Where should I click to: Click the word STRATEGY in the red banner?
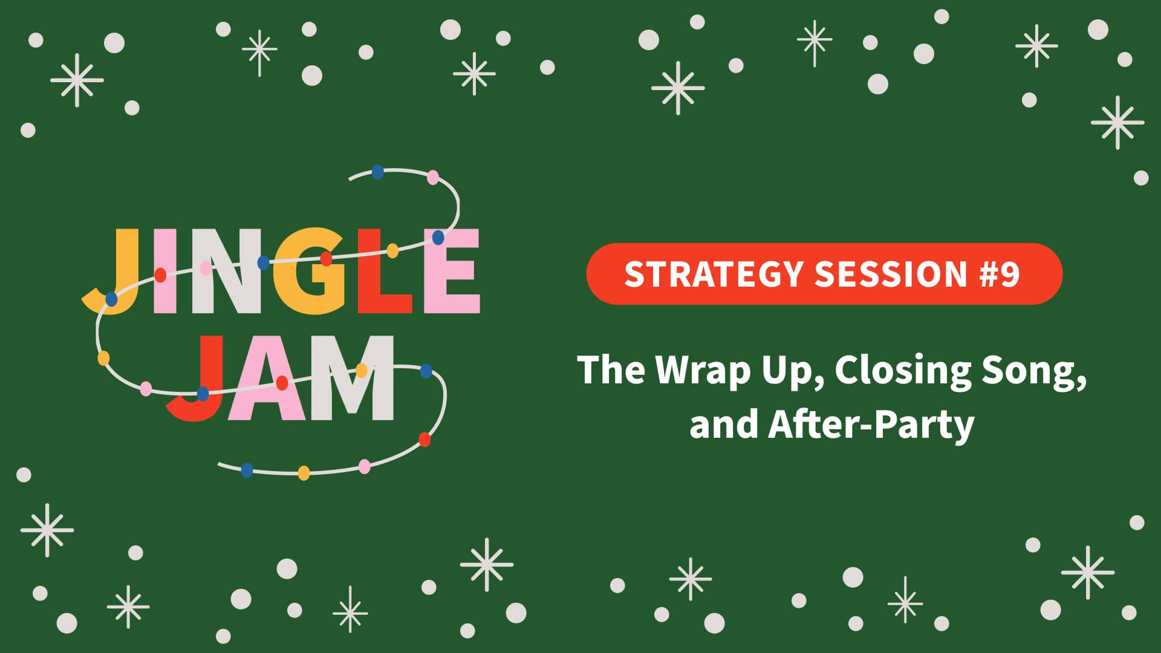click(714, 274)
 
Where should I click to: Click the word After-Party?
click(871, 424)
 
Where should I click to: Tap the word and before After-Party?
click(723, 424)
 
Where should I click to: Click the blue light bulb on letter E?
click(438, 238)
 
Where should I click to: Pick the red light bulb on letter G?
click(326, 259)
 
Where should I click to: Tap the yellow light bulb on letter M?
click(362, 370)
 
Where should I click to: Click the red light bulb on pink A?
click(282, 383)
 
